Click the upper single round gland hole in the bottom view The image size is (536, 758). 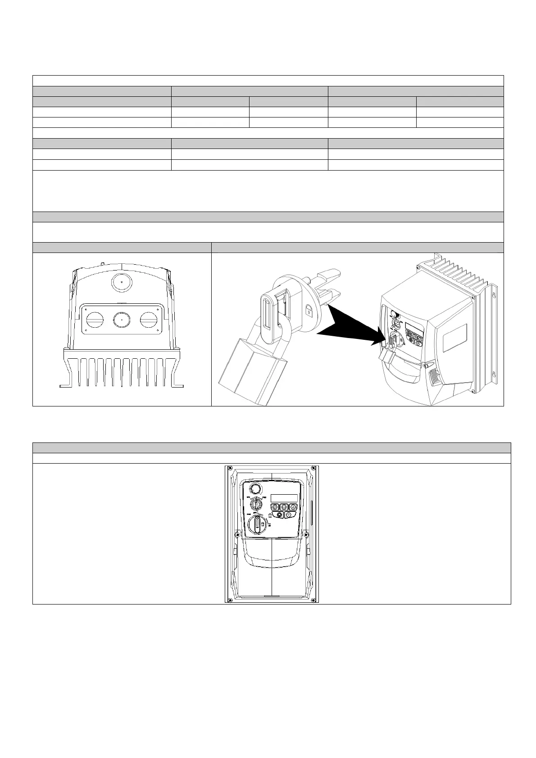(121, 283)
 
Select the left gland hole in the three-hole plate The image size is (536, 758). (95, 320)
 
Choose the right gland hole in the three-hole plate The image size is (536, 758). (148, 320)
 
